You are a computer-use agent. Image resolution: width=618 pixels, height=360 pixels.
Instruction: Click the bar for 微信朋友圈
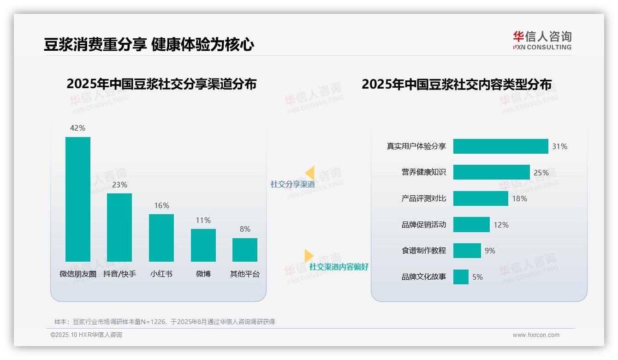[78, 199]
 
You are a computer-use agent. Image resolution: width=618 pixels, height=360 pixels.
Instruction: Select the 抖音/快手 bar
[119, 227]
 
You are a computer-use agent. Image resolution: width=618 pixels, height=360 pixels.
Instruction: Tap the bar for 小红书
[161, 238]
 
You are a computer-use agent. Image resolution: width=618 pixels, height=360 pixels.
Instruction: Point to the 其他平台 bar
[245, 250]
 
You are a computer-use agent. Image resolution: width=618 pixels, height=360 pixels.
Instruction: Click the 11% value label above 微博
[203, 221]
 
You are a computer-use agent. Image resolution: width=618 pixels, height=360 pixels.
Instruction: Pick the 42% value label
[77, 128]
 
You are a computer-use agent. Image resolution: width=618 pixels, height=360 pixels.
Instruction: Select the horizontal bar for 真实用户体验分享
[500, 146]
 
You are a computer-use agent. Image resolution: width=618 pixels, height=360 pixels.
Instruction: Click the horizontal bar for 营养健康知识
[491, 172]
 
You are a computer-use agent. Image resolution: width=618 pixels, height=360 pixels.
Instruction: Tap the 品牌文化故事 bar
[461, 277]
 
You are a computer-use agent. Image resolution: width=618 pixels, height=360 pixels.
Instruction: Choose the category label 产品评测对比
[423, 199]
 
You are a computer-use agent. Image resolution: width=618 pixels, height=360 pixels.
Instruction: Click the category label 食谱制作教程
[423, 251]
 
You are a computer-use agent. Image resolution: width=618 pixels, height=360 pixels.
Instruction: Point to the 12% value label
[501, 225]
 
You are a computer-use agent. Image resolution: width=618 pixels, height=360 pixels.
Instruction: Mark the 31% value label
[559, 147]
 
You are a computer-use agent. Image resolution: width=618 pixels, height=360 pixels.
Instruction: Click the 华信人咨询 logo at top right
[542, 40]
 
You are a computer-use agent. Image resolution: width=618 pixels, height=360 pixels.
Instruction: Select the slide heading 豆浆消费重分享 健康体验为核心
[149, 45]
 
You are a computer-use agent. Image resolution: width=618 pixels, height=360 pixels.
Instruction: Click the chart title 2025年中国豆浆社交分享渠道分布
[161, 84]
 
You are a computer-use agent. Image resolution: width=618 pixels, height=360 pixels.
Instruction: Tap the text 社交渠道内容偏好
[339, 267]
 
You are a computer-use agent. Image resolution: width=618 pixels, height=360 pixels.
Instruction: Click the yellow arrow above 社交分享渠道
[309, 173]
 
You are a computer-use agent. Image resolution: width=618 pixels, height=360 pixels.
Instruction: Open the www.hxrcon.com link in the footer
[536, 335]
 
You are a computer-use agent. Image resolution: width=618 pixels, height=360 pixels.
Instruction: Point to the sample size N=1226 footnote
[165, 322]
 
